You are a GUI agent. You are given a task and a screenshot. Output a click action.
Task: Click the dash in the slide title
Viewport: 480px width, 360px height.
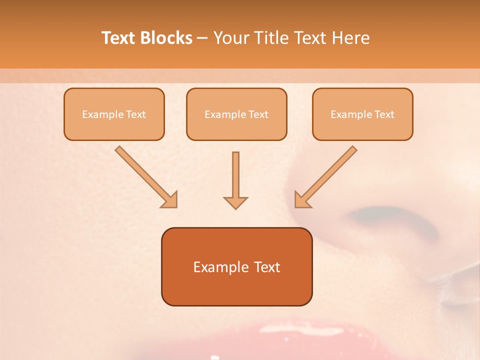pos(203,38)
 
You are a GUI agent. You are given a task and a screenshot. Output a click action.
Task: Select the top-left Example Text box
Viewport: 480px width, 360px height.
pos(114,114)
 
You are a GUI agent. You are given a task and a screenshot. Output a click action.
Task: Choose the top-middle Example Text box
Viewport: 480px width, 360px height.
pos(236,114)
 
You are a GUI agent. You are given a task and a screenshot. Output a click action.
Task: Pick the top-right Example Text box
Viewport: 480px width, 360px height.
pos(362,114)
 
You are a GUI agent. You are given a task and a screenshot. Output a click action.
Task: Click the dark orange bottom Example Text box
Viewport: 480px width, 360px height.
pos(236,266)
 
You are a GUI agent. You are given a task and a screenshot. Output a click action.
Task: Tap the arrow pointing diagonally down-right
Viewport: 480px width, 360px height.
pos(145,176)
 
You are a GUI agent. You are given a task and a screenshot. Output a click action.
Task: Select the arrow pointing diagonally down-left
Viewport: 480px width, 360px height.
pos(326,176)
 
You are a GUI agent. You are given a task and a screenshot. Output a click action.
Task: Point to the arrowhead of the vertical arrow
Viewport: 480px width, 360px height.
pos(235,202)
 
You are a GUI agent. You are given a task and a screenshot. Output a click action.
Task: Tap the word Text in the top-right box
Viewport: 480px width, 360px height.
pos(384,114)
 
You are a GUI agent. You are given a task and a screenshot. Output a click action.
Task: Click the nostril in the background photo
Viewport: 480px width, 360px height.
pos(390,220)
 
